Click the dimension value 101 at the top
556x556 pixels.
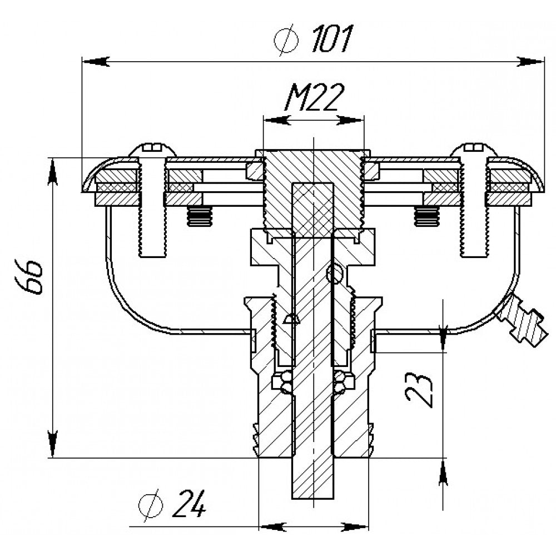coord(332,39)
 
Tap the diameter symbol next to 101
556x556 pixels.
coord(286,39)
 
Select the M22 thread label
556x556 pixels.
coord(314,97)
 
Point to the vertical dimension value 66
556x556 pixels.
coord(29,276)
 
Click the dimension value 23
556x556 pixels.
coord(419,390)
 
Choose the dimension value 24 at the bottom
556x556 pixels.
coord(188,504)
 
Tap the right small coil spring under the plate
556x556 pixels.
coord(427,216)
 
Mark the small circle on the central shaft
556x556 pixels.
coord(335,273)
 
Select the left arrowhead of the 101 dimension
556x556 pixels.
coord(96,61)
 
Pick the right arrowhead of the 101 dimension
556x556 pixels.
coord(530,61)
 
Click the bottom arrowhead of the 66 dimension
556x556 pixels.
coord(53,444)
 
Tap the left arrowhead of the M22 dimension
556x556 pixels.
coord(275,121)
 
